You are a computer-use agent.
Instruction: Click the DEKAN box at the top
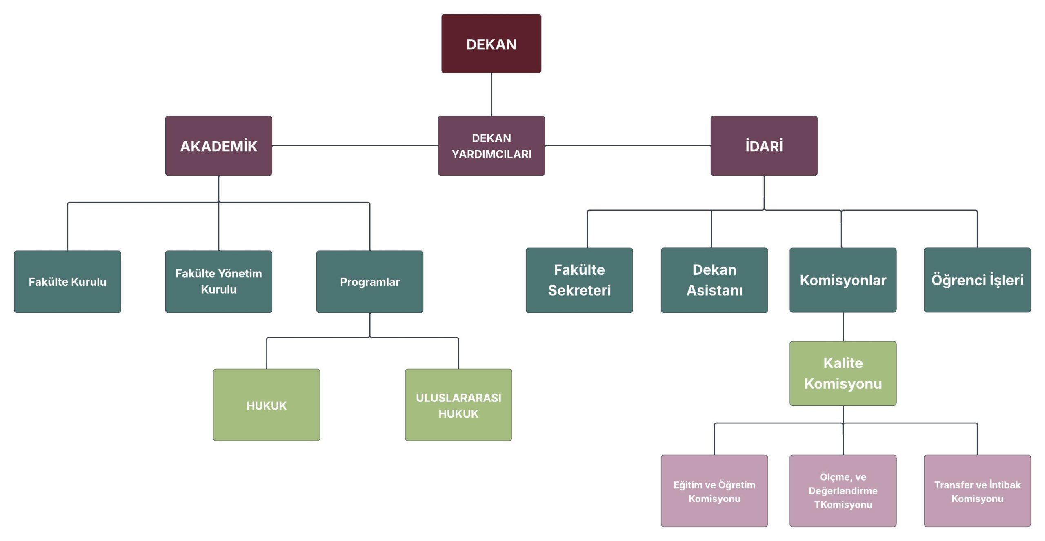point(491,44)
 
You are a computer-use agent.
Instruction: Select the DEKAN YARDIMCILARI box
point(491,146)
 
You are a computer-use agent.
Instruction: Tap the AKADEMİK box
point(218,146)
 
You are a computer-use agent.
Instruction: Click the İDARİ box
point(764,146)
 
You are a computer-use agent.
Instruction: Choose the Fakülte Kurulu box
point(67,282)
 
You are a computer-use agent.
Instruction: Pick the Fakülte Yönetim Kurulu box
point(218,282)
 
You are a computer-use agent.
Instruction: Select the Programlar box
point(369,282)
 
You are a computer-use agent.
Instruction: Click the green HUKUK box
point(266,405)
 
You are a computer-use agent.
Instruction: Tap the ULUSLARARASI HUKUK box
point(458,405)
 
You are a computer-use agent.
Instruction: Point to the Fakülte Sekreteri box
point(579,280)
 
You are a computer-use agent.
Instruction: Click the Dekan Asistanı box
point(714,280)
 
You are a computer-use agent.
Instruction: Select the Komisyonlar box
point(843,280)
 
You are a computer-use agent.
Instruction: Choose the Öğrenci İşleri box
point(977,280)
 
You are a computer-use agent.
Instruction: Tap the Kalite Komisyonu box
point(843,373)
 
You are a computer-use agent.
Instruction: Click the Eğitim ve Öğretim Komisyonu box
point(714,491)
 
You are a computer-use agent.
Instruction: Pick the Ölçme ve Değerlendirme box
point(843,491)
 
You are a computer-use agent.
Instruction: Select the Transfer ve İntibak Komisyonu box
point(977,491)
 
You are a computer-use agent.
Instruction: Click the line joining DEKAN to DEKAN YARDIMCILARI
point(491,94)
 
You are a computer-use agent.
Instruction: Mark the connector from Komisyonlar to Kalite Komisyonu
point(843,327)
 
